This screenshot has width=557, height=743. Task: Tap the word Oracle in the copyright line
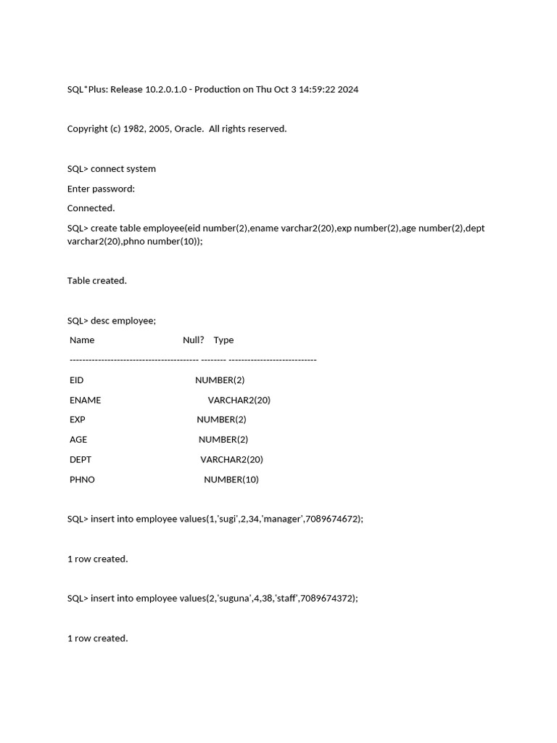coord(188,128)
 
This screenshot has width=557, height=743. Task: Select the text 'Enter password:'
coord(101,189)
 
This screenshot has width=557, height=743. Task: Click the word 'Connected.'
coord(91,208)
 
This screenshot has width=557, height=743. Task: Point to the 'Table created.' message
coord(96,281)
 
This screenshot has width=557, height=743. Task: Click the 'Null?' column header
coord(193,340)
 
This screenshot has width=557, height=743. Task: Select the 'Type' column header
coord(223,340)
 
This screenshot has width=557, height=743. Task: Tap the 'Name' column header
coord(82,340)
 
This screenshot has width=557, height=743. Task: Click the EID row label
coord(76,380)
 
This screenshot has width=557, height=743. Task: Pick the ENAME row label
coord(85,400)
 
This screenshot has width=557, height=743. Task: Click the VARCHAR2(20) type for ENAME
coord(239,400)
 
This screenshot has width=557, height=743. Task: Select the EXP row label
coord(77,419)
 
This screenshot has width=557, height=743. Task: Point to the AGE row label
coord(78,440)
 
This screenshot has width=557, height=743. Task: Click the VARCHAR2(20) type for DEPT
coord(231,459)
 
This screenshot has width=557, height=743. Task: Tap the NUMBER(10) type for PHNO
coord(231,480)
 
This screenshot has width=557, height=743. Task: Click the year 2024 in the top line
coord(347,89)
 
